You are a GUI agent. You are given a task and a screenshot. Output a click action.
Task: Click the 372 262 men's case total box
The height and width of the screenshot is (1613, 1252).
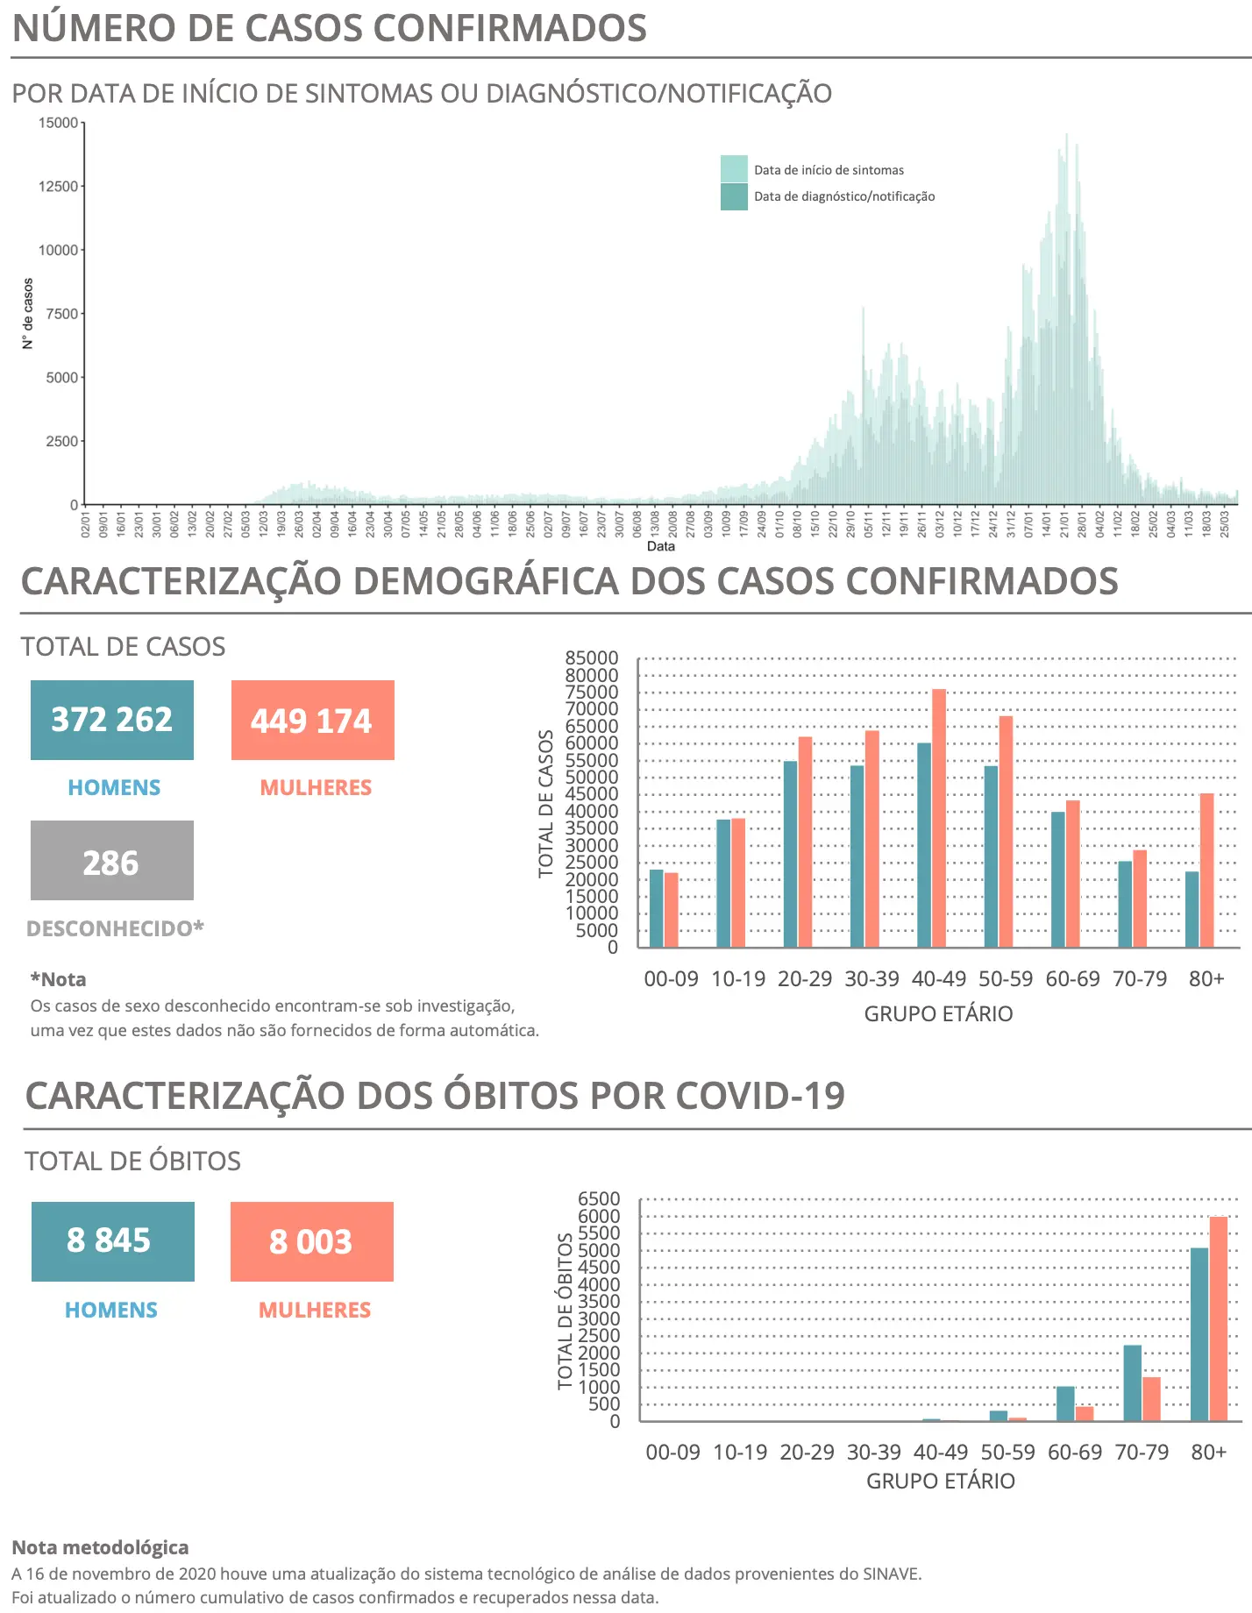(112, 720)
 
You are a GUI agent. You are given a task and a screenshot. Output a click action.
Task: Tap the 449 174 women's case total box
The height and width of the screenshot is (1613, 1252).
(312, 720)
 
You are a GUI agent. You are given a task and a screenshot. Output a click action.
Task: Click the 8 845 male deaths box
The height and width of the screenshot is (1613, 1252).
(112, 1241)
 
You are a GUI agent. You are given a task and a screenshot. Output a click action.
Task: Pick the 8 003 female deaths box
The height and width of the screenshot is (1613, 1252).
(311, 1241)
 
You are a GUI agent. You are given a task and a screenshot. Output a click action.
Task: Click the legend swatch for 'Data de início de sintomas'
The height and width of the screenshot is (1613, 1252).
(734, 169)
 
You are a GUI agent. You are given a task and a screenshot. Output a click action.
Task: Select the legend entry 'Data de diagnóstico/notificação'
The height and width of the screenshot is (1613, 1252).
(844, 196)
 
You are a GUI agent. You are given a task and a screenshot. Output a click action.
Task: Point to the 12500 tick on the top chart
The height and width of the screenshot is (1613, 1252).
(59, 187)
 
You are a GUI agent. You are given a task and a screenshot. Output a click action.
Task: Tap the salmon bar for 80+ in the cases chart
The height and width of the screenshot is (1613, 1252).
(1207, 870)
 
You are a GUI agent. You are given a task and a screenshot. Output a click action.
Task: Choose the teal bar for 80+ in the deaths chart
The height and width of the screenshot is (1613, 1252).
(1199, 1334)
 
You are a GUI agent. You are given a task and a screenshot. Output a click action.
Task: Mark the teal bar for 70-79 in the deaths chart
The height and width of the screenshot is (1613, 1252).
(1132, 1382)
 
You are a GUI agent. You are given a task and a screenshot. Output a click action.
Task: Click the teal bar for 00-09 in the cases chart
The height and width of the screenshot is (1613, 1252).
(657, 908)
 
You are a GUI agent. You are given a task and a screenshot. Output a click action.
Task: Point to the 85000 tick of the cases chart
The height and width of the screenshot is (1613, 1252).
(592, 658)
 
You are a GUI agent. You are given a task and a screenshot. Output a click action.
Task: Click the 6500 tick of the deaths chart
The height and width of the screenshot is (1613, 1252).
(599, 1199)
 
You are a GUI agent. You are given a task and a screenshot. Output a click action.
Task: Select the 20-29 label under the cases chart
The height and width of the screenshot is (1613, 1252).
(805, 979)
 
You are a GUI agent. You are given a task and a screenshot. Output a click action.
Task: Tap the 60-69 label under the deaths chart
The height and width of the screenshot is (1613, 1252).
(1075, 1453)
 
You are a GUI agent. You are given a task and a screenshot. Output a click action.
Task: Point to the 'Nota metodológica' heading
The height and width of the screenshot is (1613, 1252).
(101, 1547)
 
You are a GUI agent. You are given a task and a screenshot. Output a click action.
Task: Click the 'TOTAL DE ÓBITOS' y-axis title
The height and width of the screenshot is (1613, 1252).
(566, 1311)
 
